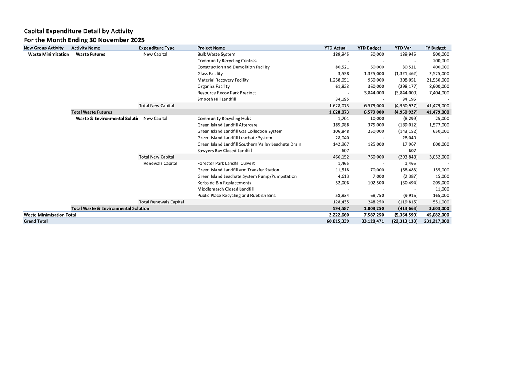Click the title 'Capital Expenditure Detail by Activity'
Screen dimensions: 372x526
point(78,31)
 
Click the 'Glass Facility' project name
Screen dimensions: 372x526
point(210,73)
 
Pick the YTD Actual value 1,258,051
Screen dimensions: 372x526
point(339,80)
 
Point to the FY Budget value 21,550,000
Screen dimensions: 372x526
point(438,80)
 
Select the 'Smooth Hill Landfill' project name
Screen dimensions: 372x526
point(216,99)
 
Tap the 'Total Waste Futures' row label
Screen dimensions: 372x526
point(91,112)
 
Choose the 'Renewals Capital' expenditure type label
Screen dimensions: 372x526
point(160,163)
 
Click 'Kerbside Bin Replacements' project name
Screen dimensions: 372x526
point(224,183)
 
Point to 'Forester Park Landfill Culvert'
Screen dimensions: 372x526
point(226,163)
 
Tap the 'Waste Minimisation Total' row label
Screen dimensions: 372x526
point(50,215)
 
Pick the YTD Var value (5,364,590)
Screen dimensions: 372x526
point(404,215)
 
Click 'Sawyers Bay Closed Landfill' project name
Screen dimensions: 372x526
point(224,151)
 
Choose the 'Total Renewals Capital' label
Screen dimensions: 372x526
point(161,202)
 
